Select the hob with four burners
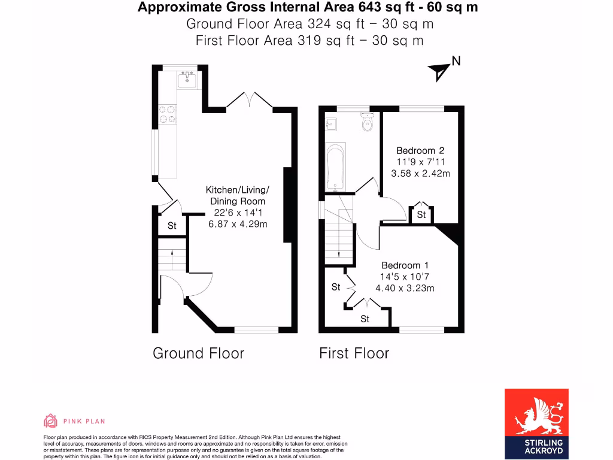(x=168, y=114)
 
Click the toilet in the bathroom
(x=368, y=122)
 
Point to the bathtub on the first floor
(x=335, y=166)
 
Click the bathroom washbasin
(x=330, y=124)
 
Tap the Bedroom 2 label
(x=420, y=150)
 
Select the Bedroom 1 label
(x=405, y=265)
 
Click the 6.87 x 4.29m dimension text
(x=237, y=224)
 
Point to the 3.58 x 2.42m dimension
(x=420, y=174)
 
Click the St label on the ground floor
(x=172, y=226)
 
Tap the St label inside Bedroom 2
(x=421, y=214)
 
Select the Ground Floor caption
(x=198, y=353)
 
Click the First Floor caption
(x=354, y=353)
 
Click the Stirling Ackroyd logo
(x=536, y=423)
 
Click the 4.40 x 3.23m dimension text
(x=405, y=288)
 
